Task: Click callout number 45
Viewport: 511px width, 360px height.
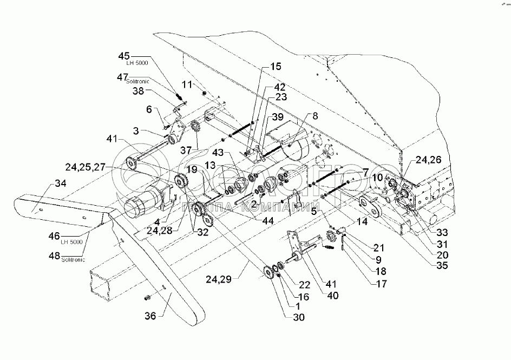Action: [x=125, y=56]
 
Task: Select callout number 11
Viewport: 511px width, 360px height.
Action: [x=187, y=84]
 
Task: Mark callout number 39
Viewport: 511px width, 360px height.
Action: [x=277, y=117]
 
